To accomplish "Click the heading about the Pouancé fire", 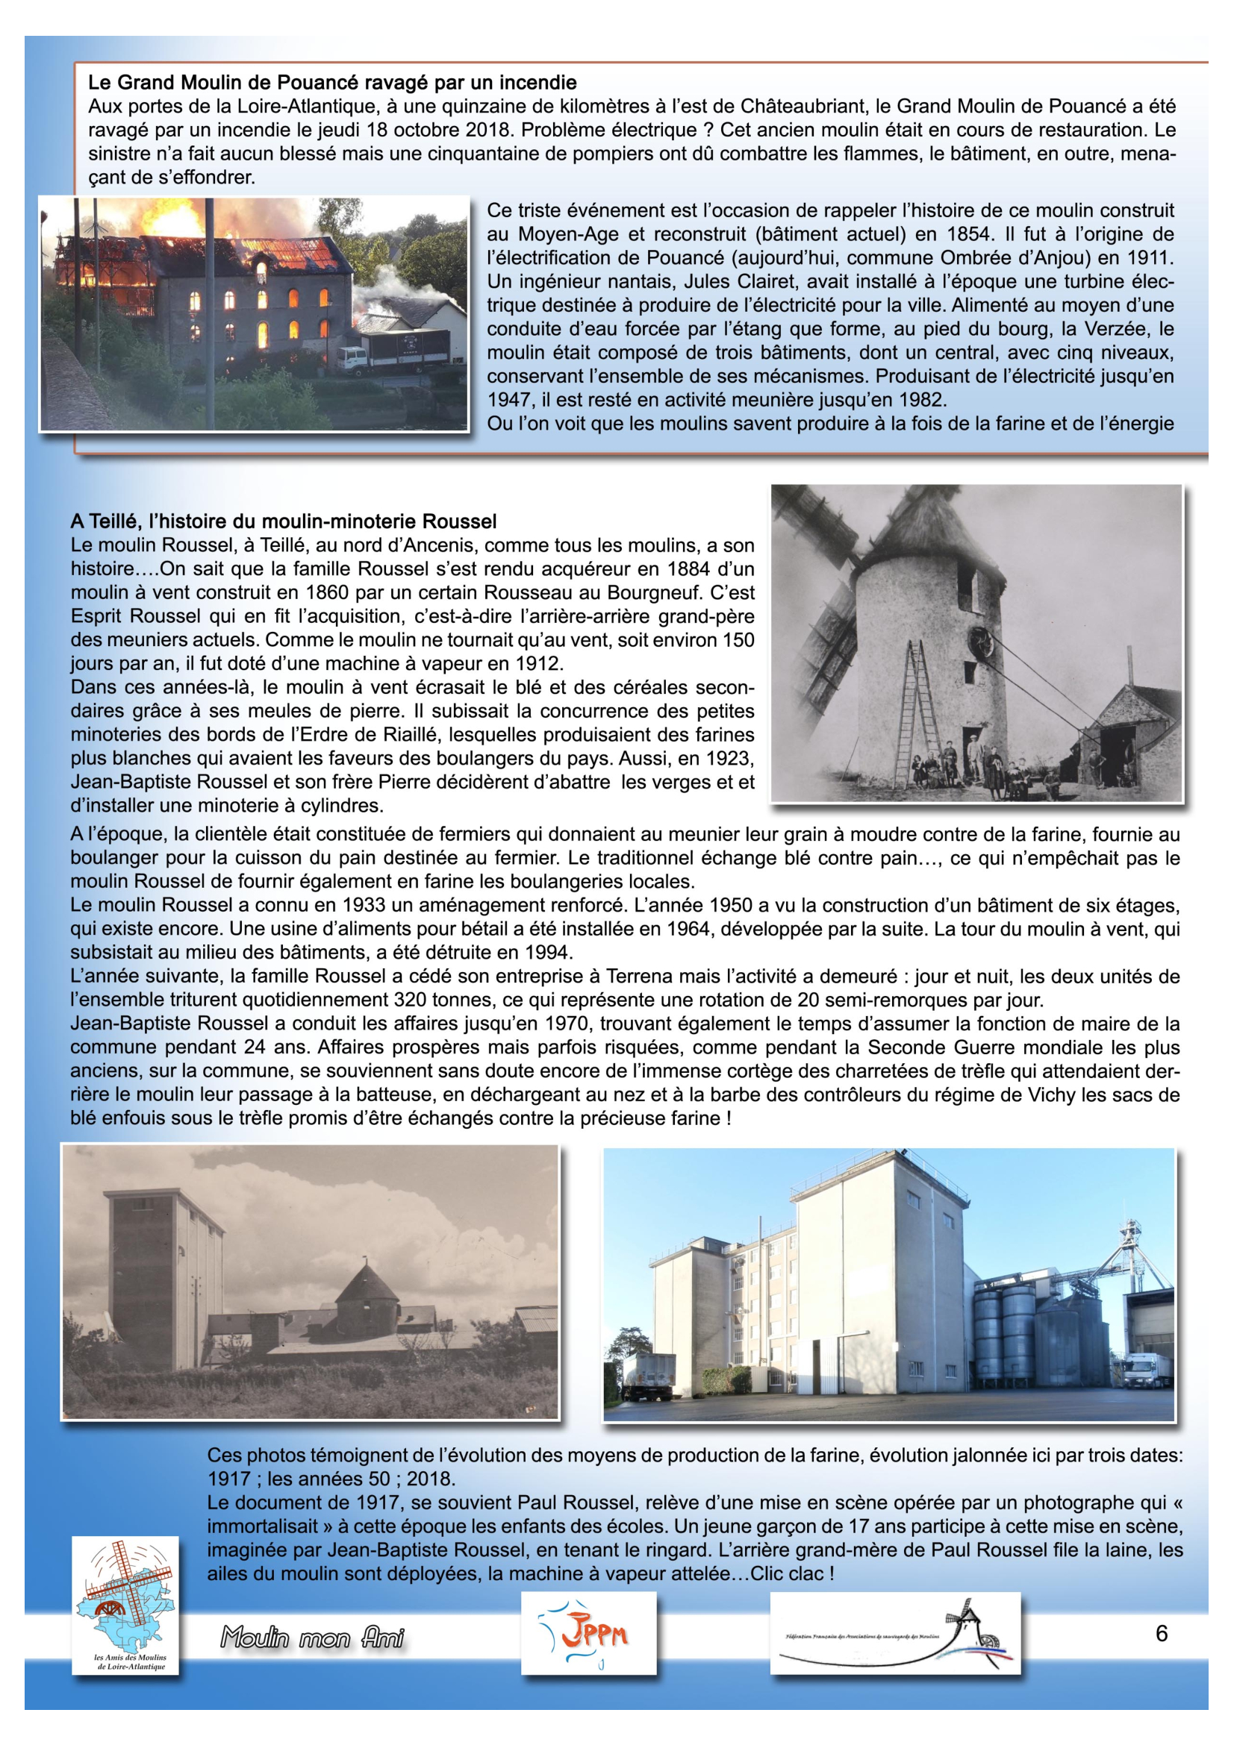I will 332,82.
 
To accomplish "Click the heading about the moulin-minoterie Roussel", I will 284,521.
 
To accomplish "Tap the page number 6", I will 1161,1632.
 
